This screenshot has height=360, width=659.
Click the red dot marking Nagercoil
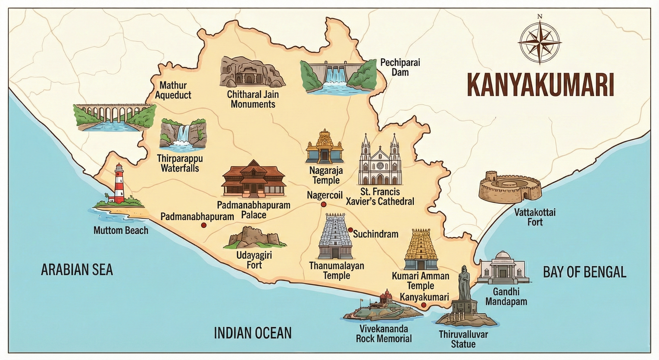click(323, 204)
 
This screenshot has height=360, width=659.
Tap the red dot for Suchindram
click(351, 230)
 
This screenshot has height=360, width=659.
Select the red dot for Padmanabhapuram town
click(204, 225)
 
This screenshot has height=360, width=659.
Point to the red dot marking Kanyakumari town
click(424, 305)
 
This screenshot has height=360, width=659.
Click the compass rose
click(539, 43)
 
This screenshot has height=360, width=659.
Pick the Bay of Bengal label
click(585, 272)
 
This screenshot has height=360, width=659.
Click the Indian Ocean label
click(253, 333)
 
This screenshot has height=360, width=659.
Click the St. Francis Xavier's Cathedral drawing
click(380, 163)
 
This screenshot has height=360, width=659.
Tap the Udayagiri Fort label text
click(254, 260)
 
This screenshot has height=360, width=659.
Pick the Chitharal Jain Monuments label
click(253, 99)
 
